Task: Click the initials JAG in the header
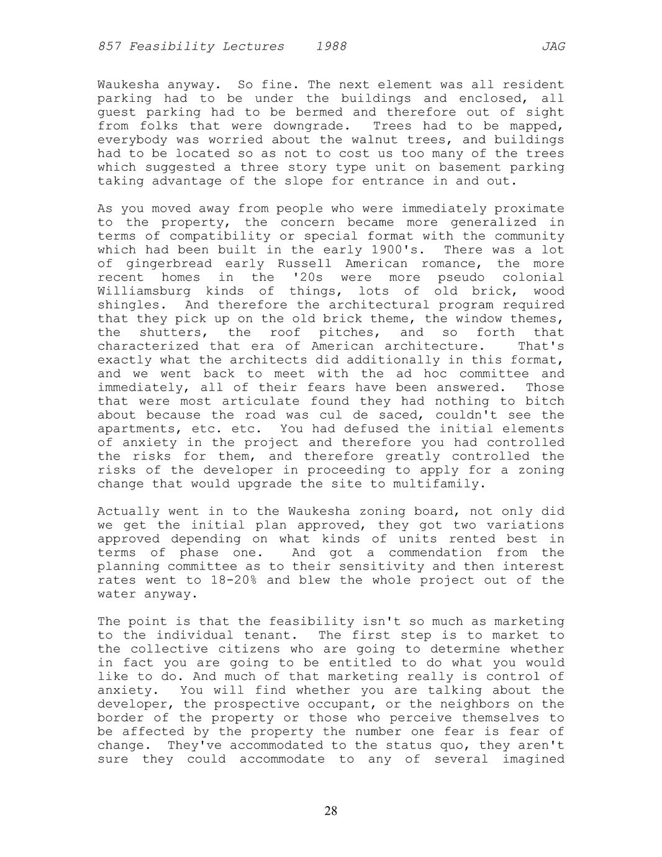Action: [x=553, y=47]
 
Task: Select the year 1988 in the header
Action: [x=331, y=47]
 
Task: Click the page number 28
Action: [x=331, y=810]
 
